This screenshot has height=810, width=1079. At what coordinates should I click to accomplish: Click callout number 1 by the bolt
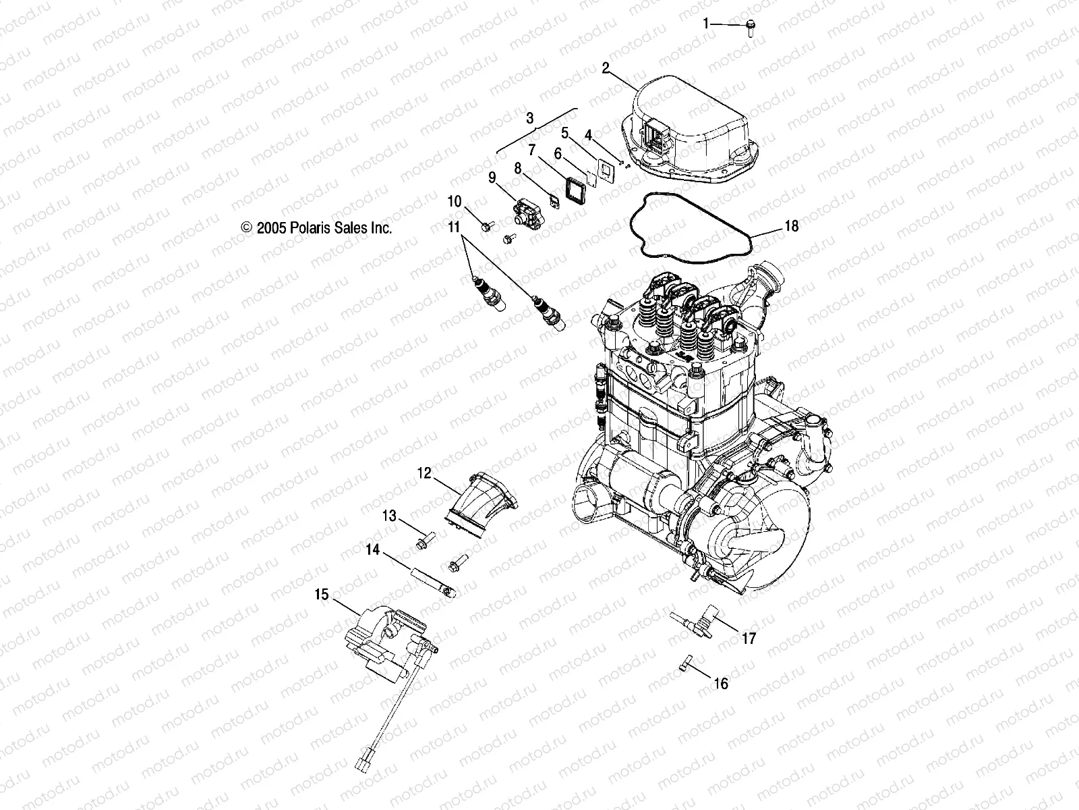tap(707, 24)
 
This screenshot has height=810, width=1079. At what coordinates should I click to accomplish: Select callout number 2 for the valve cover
tap(606, 67)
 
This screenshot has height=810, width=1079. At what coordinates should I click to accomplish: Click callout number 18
tap(791, 225)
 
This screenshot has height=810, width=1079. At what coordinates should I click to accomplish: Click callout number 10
tap(455, 201)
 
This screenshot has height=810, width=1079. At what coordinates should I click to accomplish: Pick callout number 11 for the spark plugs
tap(453, 225)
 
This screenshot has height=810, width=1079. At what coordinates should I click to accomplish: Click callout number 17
tap(749, 638)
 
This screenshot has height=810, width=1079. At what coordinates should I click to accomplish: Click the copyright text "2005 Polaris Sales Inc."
tap(317, 228)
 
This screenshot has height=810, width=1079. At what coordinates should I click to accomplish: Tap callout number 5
tap(565, 132)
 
